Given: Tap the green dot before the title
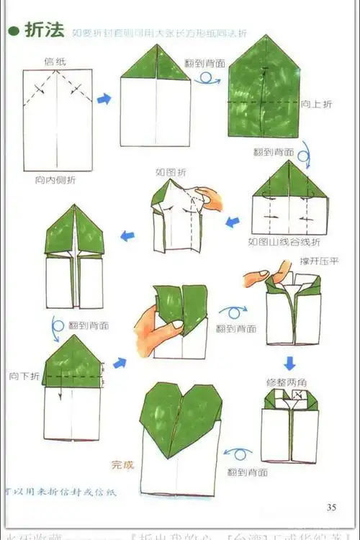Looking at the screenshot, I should coord(13,30).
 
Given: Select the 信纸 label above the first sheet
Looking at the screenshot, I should coord(55,61).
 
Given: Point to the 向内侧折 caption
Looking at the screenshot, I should coord(55,179).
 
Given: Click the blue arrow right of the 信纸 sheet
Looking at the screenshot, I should coord(104,99).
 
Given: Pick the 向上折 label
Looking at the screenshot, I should coord(316,104).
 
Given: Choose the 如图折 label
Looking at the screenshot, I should coord(170,173).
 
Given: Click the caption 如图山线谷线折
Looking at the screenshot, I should coord(284,240).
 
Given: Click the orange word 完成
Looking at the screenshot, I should coord(122,465).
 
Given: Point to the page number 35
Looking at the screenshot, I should coord(330,507).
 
